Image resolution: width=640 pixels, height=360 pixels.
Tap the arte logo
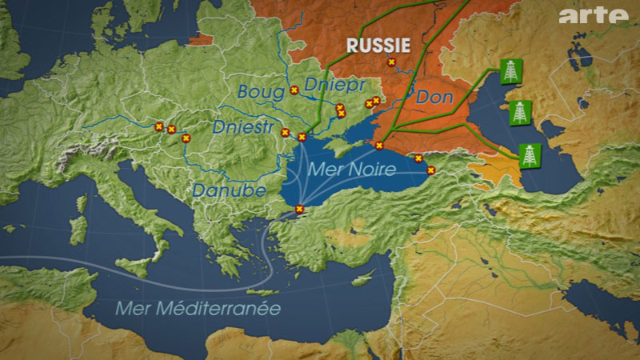594,15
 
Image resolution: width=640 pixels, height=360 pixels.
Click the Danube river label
217,190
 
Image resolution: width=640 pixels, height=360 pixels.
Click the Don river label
437,98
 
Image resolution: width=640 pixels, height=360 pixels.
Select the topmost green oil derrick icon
510,72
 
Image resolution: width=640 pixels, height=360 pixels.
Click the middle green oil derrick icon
521,112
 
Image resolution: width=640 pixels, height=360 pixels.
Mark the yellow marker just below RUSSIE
391,62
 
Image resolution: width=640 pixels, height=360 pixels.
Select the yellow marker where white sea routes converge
299,209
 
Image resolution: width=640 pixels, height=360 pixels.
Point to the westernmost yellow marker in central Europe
158,126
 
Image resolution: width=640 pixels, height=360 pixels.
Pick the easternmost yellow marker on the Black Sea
430,170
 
